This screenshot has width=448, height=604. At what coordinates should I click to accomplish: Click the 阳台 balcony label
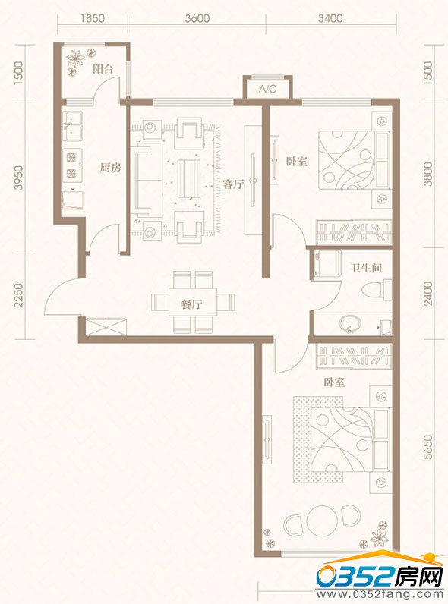pos(103,69)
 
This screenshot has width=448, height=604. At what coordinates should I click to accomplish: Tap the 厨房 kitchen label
pos(111,168)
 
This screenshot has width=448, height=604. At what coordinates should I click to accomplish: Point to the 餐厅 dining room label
pos(191,305)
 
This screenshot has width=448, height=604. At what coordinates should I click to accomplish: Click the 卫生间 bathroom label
pos(364,268)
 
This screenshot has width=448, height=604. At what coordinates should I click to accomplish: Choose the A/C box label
pos(267,90)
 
